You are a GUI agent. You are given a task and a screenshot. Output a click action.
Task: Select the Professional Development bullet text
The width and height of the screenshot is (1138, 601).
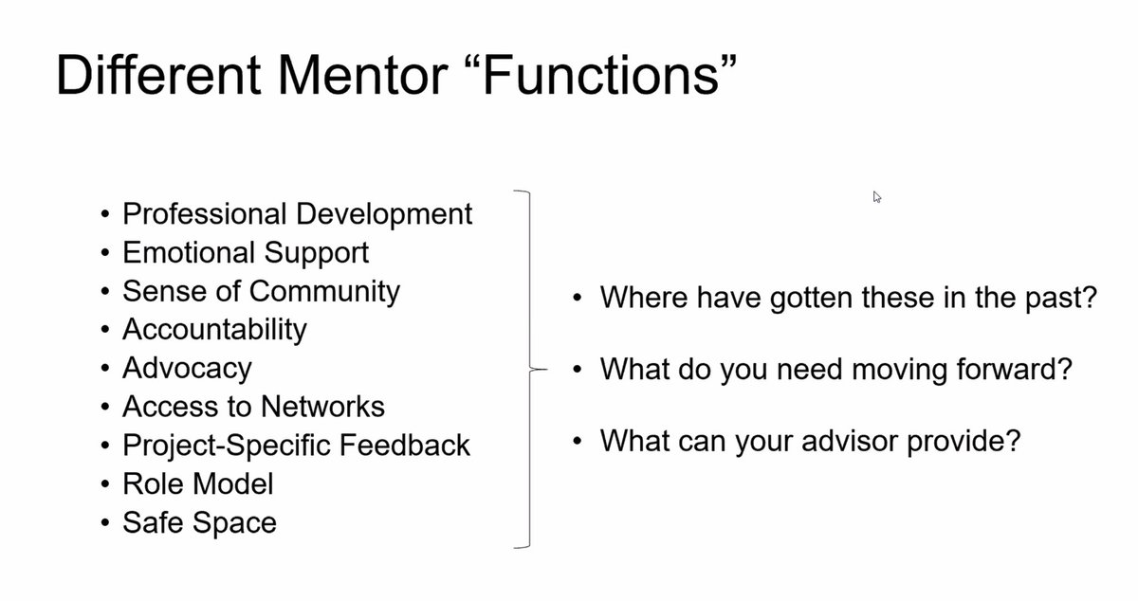click(297, 213)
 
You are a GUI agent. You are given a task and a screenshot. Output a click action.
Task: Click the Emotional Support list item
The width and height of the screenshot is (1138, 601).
click(246, 252)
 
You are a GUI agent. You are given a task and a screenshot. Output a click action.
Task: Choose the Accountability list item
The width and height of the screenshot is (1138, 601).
click(214, 329)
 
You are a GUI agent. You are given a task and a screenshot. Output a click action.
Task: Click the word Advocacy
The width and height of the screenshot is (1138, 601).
click(187, 368)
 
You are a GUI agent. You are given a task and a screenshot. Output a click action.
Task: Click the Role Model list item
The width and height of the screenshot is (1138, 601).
click(197, 483)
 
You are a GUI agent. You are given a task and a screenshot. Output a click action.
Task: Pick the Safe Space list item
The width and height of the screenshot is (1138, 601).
click(199, 522)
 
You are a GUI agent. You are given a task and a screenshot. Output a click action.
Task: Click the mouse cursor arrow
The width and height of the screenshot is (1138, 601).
click(877, 196)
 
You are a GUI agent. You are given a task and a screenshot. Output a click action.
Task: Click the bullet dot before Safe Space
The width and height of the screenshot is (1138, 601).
click(104, 523)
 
